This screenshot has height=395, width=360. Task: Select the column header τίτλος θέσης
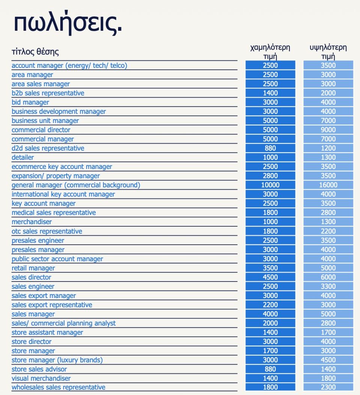click(35, 52)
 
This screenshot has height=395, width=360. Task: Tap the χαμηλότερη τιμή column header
click(270, 51)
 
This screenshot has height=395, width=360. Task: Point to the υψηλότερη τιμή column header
click(328, 51)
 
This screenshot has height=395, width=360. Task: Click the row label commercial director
click(41, 130)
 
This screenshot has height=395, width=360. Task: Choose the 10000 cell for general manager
click(270, 185)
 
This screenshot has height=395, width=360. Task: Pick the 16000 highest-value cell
click(328, 185)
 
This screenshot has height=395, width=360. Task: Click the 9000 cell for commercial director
click(328, 130)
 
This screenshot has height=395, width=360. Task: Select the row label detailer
click(23, 157)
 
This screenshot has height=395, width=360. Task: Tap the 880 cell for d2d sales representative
click(270, 148)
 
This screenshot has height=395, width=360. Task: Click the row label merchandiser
click(31, 222)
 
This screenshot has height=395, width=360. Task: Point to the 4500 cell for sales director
click(270, 277)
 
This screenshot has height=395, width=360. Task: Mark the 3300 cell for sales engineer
click(328, 286)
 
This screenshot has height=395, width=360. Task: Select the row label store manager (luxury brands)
click(57, 360)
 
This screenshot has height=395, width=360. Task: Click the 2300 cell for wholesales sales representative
click(328, 387)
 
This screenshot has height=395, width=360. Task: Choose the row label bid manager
click(30, 102)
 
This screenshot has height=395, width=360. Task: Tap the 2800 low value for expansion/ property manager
click(270, 176)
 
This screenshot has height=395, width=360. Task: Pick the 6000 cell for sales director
click(328, 277)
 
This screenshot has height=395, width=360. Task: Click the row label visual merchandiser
click(41, 379)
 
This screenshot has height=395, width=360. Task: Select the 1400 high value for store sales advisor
click(328, 369)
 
